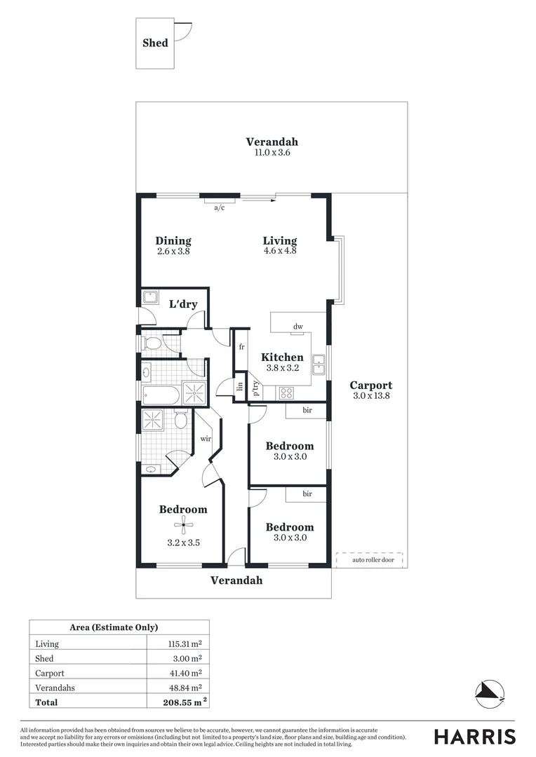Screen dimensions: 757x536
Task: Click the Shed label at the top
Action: tap(155, 43)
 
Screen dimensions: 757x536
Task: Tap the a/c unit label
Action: tap(219, 207)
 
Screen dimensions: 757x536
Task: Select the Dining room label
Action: tap(173, 240)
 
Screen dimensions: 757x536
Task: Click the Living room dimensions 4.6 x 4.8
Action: tap(280, 250)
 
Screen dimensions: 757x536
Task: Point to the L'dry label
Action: tap(183, 304)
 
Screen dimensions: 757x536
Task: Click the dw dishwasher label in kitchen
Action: tap(297, 326)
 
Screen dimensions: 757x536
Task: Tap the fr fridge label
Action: tap(241, 347)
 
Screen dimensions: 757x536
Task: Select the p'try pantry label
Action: tap(256, 388)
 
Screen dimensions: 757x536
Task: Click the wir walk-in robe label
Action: tap(206, 439)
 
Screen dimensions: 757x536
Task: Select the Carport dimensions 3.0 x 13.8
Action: tap(370, 396)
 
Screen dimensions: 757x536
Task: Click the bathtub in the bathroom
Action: tap(161, 394)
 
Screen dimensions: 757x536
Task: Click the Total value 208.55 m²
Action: tap(180, 702)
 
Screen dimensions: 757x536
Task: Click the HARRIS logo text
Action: tap(474, 737)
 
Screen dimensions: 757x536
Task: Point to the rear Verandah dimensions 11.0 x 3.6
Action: tap(272, 152)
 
